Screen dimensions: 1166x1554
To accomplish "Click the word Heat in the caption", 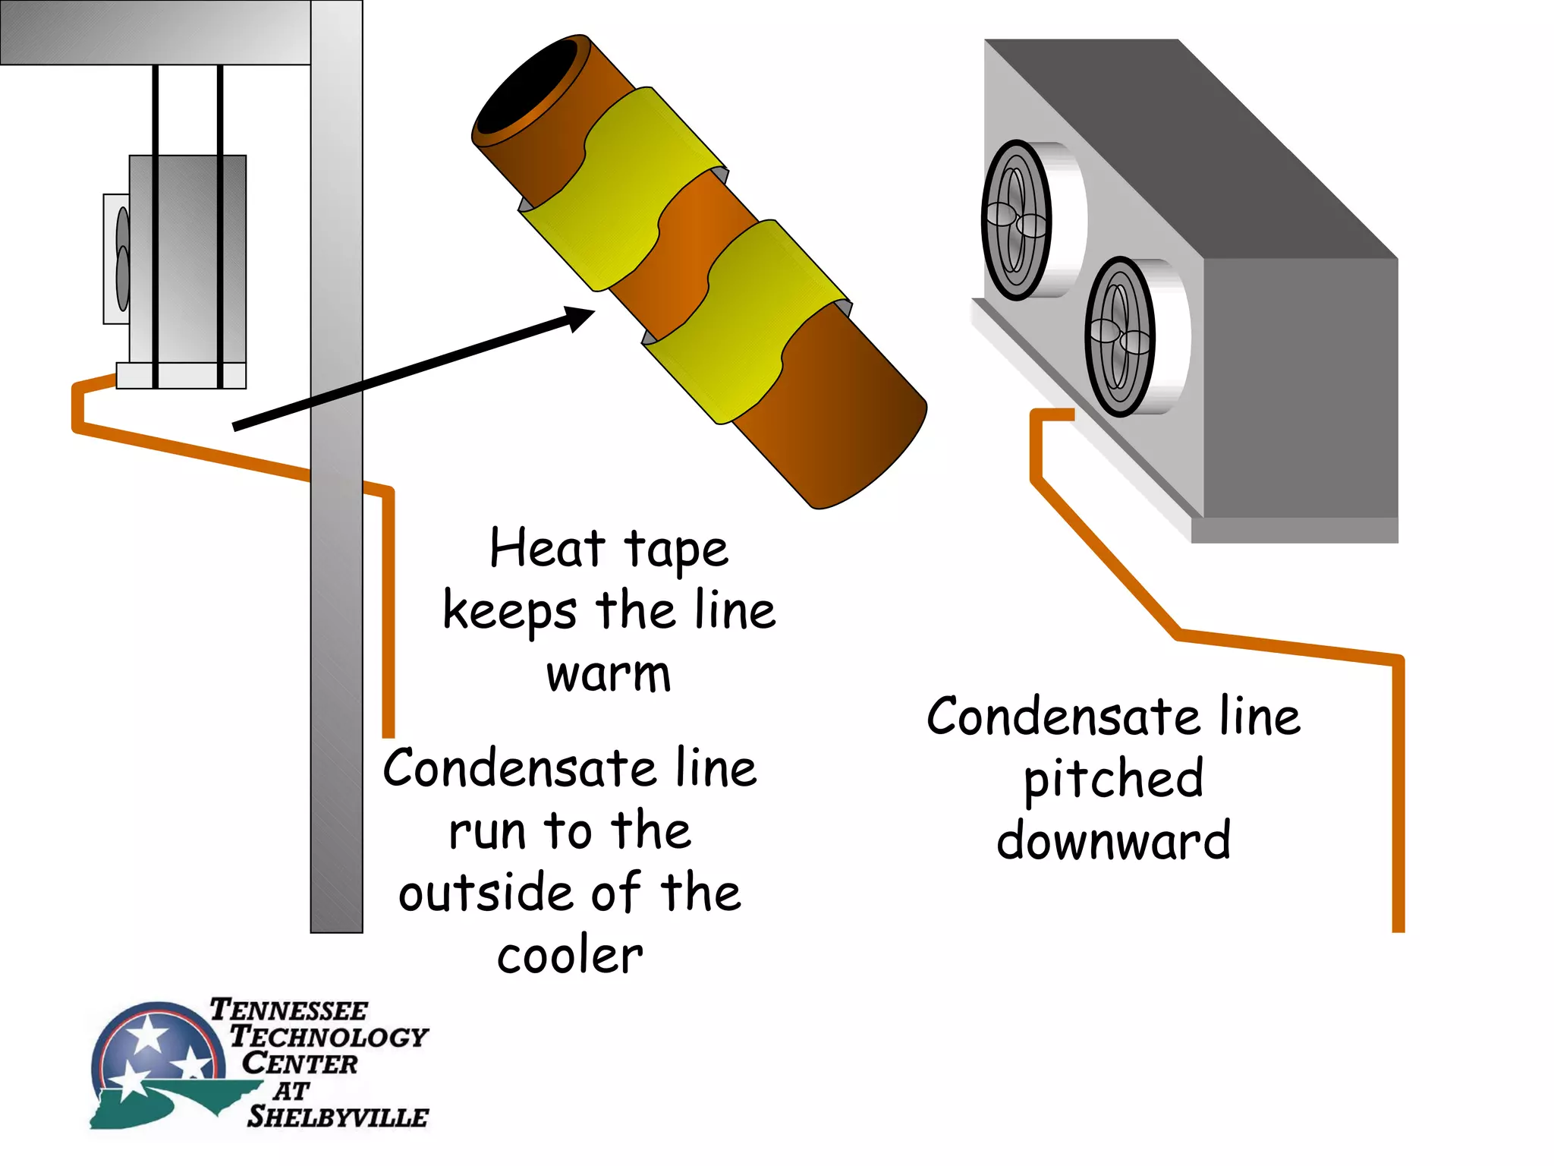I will [x=546, y=548].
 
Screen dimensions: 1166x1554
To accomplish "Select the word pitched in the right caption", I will [x=1113, y=780].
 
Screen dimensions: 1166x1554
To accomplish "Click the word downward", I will [x=1113, y=840].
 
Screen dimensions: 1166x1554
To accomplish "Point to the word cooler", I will [x=570, y=956].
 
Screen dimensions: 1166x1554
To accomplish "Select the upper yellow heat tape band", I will [x=622, y=190].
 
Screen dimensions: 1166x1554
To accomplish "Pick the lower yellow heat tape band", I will [x=747, y=323].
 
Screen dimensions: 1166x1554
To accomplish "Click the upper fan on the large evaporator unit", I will [x=1016, y=220].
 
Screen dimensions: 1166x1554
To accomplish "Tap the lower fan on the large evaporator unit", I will [x=1119, y=336].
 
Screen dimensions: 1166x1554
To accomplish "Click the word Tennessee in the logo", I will [x=288, y=1010].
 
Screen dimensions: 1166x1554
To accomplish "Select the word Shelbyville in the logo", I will [x=338, y=1117].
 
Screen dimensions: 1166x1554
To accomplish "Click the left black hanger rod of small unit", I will [x=156, y=228].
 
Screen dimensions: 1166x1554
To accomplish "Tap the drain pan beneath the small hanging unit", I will [x=181, y=376].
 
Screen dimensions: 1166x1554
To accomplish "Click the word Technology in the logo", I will [x=329, y=1036].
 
